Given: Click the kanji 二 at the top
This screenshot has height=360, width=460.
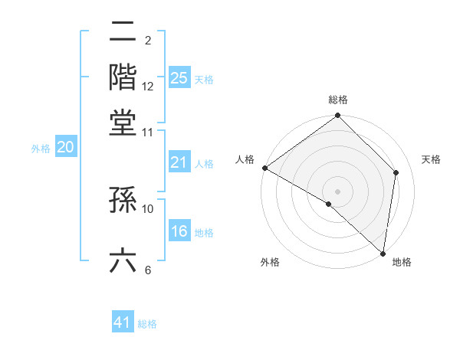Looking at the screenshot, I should [x=123, y=33].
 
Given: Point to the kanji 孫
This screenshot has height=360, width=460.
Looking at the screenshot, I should [x=123, y=200].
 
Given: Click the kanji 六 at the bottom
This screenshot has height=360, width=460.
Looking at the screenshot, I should [x=123, y=260].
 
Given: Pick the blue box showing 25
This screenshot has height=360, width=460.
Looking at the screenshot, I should [x=179, y=78].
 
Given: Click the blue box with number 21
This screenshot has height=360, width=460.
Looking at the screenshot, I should [x=179, y=162].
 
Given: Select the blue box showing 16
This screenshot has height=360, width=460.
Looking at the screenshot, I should [x=179, y=232].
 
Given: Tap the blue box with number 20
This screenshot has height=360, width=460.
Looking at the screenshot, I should [x=65, y=148].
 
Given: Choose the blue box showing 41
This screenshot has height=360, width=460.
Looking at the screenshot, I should [x=123, y=322].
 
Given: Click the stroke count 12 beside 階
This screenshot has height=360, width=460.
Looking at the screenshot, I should [x=148, y=87].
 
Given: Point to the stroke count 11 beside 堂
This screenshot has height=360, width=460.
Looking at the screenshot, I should [x=148, y=132].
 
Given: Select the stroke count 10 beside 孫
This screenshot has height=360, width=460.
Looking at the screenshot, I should [x=148, y=208].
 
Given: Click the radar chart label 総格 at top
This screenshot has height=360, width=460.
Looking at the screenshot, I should [x=338, y=100].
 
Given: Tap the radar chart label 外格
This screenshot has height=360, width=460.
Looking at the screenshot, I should [x=270, y=262].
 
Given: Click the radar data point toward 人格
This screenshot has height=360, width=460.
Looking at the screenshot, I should [x=264, y=168].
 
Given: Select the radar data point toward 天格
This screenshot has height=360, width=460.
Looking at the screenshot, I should [x=396, y=172].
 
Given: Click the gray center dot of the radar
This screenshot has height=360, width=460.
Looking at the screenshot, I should [x=337, y=191].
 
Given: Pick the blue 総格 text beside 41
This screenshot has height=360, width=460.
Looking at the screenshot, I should [x=147, y=324].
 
